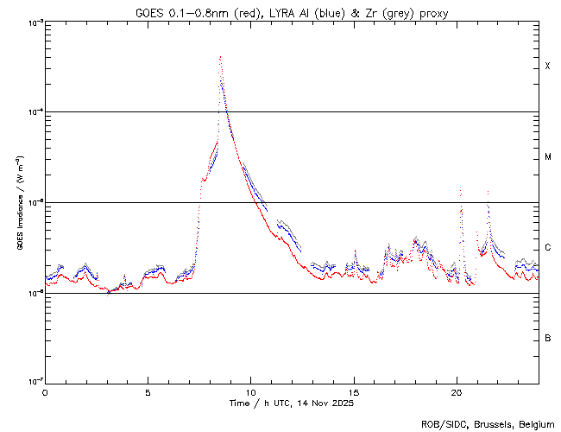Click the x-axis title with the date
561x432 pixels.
coord(292,403)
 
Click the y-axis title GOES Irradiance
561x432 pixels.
coord(19,203)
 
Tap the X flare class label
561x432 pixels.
coord(547,67)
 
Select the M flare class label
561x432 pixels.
coord(547,157)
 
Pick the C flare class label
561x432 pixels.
coord(547,248)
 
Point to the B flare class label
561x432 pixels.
coord(547,338)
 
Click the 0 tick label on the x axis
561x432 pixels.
coord(45,391)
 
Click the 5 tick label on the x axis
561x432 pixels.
coord(148,391)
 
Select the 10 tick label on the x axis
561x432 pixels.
coord(250,391)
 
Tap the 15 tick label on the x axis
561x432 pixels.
coord(353,391)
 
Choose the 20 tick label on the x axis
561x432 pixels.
coord(456,391)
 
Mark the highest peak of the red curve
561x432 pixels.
coord(220,57)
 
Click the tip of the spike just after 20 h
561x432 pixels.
coord(460,190)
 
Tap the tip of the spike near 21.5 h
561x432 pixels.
coord(488,191)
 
